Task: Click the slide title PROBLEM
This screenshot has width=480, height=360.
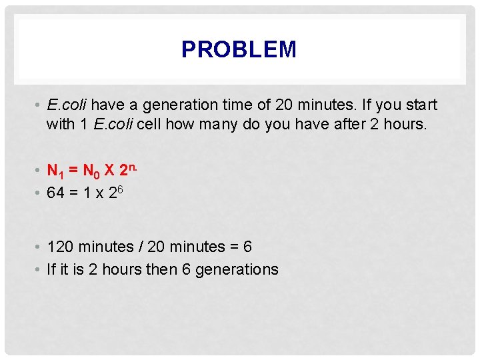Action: (x=239, y=49)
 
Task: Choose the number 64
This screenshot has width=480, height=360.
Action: (x=56, y=193)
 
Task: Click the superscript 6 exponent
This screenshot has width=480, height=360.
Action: (x=121, y=189)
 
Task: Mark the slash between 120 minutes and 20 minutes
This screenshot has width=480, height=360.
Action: (x=141, y=247)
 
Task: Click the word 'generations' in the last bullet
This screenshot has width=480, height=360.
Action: (x=237, y=269)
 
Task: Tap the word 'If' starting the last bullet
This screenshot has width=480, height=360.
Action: (x=51, y=269)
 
